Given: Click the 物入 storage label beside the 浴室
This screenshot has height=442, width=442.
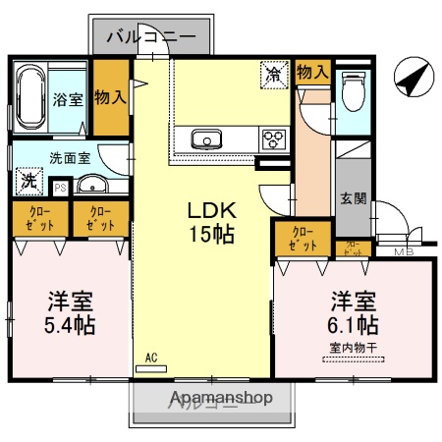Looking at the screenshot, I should pyautogui.click(x=110, y=97).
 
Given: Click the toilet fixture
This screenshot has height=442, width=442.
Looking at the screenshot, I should pyautogui.click(x=351, y=93).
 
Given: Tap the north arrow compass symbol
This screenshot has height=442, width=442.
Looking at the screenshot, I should pyautogui.click(x=410, y=76).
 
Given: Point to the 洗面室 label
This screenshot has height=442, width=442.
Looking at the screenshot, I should pyautogui.click(x=71, y=155).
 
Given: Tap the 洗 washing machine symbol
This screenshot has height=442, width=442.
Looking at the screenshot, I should pyautogui.click(x=28, y=182).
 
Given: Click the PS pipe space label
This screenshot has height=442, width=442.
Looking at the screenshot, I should pyautogui.click(x=60, y=187).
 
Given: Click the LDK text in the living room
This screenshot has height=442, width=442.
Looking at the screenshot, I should pyautogui.click(x=210, y=210).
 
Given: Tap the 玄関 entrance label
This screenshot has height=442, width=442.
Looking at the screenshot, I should pyautogui.click(x=354, y=197).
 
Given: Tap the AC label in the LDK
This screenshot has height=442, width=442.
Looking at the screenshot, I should pyautogui.click(x=150, y=358).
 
